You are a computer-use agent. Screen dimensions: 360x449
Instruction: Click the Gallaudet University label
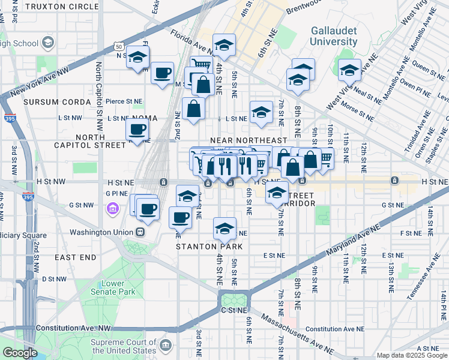(x=333, y=36)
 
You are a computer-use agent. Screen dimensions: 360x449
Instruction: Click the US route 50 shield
(x=119, y=47)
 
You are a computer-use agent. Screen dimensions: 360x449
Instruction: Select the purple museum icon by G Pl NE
(x=112, y=208)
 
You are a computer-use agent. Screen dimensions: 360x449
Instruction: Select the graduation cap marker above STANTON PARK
(x=224, y=229)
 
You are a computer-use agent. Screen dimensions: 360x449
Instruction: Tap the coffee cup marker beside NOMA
(x=137, y=130)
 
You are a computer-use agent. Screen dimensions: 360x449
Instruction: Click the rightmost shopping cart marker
(x=325, y=158)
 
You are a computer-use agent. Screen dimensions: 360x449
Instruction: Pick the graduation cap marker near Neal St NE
(x=349, y=71)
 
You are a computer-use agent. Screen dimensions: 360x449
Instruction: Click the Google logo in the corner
(x=19, y=353)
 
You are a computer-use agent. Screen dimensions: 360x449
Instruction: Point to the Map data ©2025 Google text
(x=411, y=355)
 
